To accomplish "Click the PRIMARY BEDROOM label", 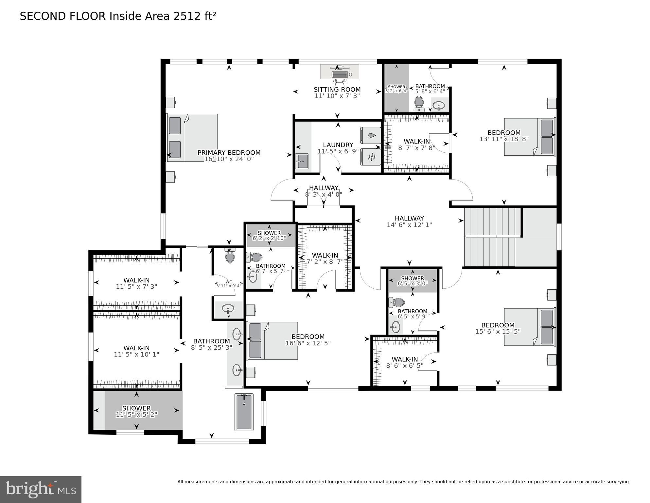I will (x=229, y=153).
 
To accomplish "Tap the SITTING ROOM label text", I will (x=337, y=89).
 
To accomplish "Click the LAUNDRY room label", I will (x=338, y=145).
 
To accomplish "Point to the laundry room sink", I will (x=302, y=162).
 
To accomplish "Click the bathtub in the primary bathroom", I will (x=244, y=412).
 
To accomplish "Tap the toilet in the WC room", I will (x=230, y=256).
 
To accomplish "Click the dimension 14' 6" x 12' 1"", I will (x=409, y=225).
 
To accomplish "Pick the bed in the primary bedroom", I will (x=192, y=138).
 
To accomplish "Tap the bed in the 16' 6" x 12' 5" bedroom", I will (x=272, y=341).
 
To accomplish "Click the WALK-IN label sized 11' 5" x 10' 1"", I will (x=136, y=348).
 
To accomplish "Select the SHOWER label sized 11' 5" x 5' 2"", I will (x=136, y=408).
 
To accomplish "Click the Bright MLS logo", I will (x=41, y=489).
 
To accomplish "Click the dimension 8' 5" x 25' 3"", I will (x=211, y=347).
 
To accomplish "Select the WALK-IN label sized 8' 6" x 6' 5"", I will (x=405, y=359).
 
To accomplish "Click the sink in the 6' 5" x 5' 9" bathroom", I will (x=395, y=327).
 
